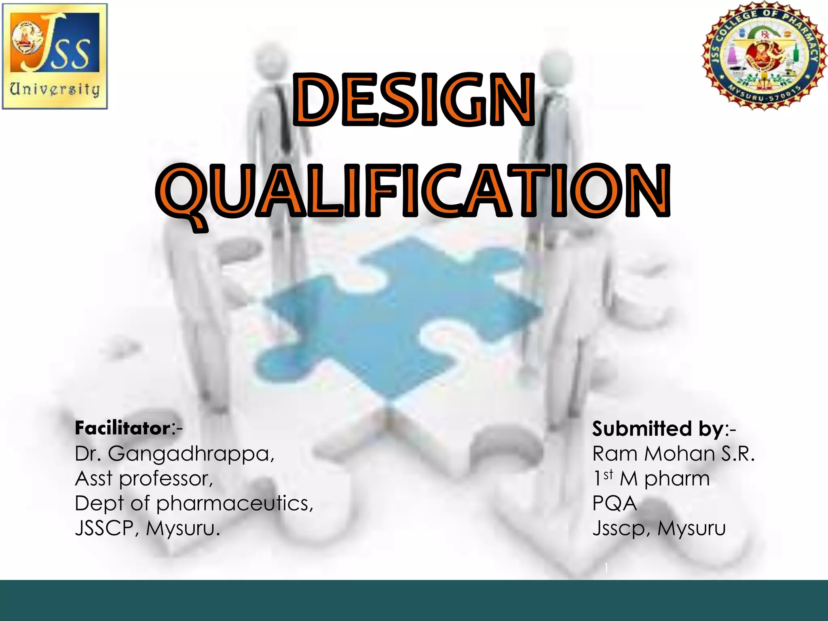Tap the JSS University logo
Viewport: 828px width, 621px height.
[x=55, y=56]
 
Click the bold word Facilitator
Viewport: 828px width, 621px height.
[x=123, y=428]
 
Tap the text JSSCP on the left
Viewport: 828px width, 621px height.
[x=104, y=528]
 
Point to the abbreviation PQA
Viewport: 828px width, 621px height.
[x=615, y=504]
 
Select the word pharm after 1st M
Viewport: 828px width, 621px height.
[x=677, y=479]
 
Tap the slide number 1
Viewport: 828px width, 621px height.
[x=606, y=568]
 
